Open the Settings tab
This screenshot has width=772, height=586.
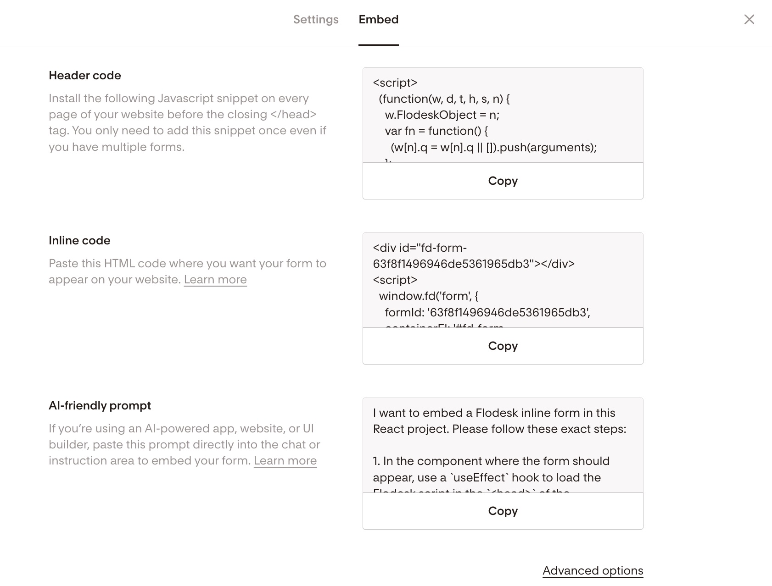tap(316, 20)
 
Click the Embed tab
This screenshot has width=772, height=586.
tap(378, 20)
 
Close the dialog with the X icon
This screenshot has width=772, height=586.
tap(749, 19)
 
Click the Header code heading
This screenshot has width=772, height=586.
tap(85, 76)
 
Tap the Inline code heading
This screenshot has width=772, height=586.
tap(79, 241)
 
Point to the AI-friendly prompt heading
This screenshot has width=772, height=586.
tap(100, 406)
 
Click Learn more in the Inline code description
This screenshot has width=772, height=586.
tap(215, 280)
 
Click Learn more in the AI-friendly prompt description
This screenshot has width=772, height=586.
tap(285, 461)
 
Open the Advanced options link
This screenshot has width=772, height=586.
tap(593, 571)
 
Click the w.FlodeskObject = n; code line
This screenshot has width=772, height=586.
tap(442, 115)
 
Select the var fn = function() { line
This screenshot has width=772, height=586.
tap(436, 131)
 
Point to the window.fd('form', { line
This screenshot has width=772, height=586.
tap(428, 296)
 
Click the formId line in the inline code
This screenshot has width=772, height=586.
tap(487, 313)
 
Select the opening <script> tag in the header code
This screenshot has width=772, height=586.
tap(395, 83)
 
